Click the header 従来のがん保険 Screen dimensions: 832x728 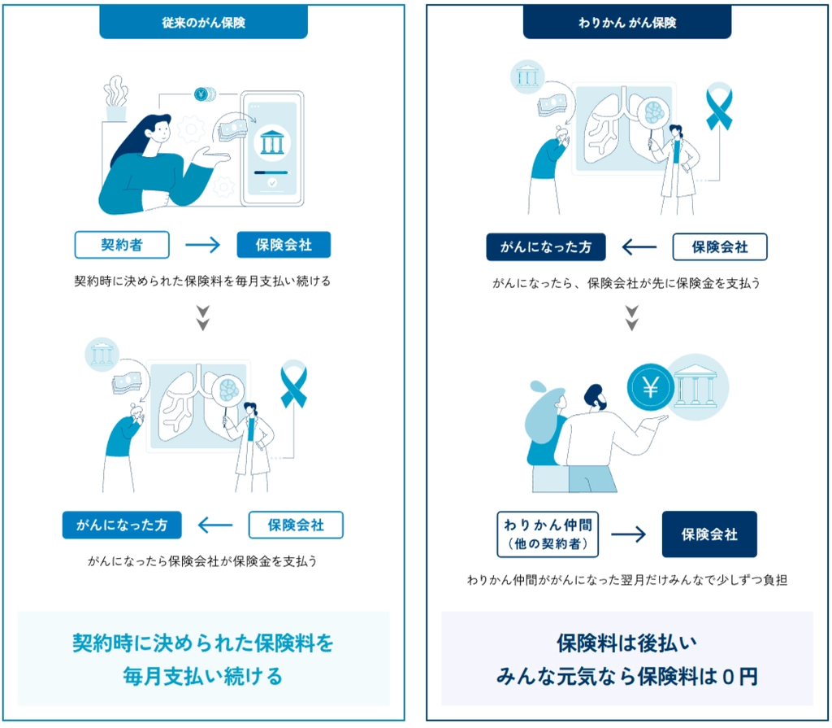(x=203, y=22)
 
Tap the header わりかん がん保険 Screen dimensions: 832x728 (x=626, y=22)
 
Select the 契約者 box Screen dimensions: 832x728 (x=122, y=245)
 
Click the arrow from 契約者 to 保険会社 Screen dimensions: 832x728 (x=202, y=245)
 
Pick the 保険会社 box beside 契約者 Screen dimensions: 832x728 (x=284, y=245)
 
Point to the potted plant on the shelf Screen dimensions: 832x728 (x=115, y=99)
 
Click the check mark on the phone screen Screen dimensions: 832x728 (x=272, y=183)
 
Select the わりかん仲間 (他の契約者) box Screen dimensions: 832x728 (x=548, y=534)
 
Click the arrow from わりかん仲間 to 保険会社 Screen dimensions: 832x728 (x=629, y=534)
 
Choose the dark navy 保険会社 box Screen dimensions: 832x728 (x=709, y=534)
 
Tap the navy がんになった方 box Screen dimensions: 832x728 (x=546, y=247)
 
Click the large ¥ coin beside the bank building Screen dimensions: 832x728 (x=651, y=387)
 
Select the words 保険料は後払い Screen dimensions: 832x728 (x=626, y=643)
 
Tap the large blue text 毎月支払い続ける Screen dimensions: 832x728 (x=202, y=677)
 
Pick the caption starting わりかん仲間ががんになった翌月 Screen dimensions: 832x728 (x=626, y=580)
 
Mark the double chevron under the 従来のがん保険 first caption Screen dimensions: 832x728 (x=203, y=318)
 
